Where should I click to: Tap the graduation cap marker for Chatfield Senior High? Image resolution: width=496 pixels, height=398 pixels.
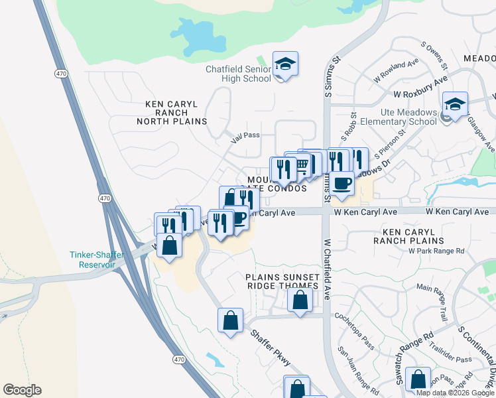[x=285, y=64]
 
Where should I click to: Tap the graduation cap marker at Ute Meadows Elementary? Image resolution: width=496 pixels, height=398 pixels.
[x=455, y=104]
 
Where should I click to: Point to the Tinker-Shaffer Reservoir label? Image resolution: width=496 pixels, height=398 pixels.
[x=93, y=259]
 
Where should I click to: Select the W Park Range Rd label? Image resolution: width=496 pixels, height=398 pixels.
[x=436, y=251]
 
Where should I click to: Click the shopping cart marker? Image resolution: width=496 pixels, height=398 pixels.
[x=302, y=164]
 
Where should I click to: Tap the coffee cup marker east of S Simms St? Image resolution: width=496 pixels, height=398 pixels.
[x=342, y=182]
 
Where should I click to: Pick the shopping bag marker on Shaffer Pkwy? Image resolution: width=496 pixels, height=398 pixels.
[x=229, y=320]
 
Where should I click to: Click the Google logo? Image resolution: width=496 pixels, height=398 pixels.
[x=22, y=390]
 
